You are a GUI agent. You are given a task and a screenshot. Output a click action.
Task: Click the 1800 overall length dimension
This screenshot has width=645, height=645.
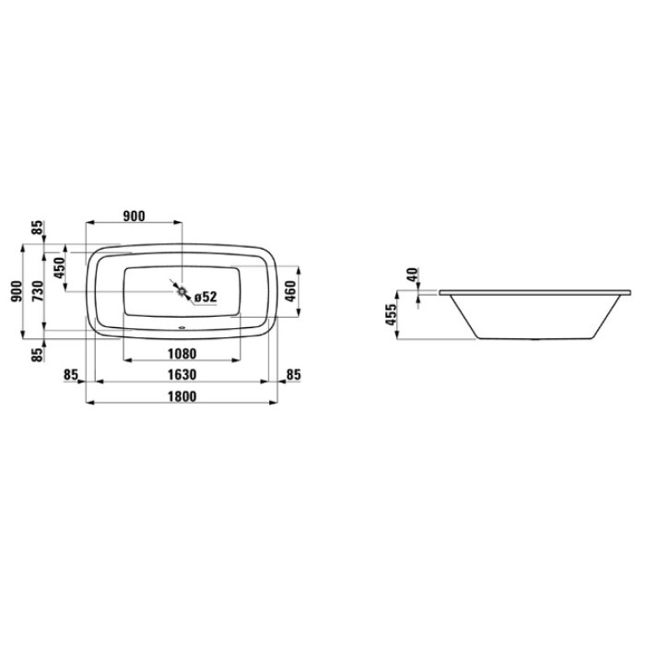pyautogui.click(x=182, y=396)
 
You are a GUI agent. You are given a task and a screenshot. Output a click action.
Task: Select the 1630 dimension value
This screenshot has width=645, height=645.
pyautogui.click(x=182, y=375)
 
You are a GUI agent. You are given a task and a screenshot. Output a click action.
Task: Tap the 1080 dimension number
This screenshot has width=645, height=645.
pyautogui.click(x=182, y=353)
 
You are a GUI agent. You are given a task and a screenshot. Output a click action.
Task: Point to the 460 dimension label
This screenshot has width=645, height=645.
pyautogui.click(x=290, y=291)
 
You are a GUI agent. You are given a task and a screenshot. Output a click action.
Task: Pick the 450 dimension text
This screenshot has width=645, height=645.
pyautogui.click(x=60, y=267)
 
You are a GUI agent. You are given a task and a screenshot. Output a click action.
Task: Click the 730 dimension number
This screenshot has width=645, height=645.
pyautogui.click(x=38, y=291)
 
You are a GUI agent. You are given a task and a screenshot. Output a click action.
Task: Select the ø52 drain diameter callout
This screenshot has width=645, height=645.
pyautogui.click(x=205, y=297)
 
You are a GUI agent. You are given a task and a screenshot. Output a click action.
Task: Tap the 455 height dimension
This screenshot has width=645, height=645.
pyautogui.click(x=391, y=314)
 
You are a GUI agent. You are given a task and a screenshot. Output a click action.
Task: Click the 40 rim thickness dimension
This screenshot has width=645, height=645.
pyautogui.click(x=413, y=274)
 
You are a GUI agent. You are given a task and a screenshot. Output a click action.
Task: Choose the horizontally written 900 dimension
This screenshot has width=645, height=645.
pyautogui.click(x=134, y=216)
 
